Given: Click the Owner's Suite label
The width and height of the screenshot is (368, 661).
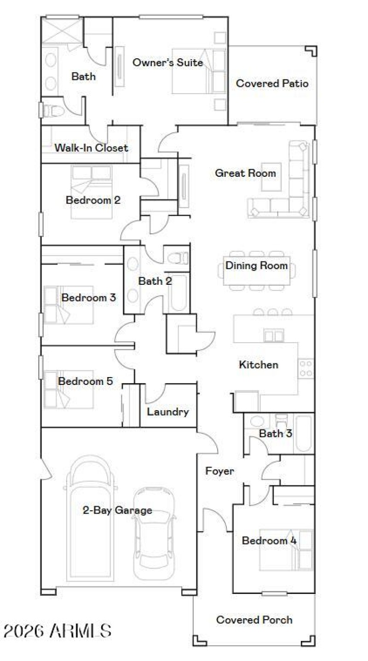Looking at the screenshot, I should pyautogui.click(x=167, y=62).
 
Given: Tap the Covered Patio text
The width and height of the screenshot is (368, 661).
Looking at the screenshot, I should pyautogui.click(x=272, y=84).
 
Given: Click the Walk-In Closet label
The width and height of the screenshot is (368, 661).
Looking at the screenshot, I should pyautogui.click(x=91, y=148).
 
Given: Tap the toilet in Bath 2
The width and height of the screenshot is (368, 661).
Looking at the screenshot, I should pyautogui.click(x=178, y=259).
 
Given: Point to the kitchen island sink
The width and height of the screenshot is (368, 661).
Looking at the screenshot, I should pyautogui.click(x=273, y=336).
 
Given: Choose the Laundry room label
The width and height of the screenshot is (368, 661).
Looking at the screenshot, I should pyautogui.click(x=167, y=412).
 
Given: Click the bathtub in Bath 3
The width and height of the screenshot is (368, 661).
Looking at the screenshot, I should pyautogui.click(x=304, y=434).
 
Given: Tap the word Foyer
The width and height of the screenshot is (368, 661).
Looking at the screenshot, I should pyautogui.click(x=219, y=471).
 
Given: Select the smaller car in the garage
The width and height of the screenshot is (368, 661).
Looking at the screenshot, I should pyautogui.click(x=155, y=533).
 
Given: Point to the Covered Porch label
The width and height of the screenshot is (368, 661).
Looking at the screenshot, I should pyautogui.click(x=254, y=620).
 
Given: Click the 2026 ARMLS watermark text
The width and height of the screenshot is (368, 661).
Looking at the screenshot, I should pyautogui.click(x=57, y=630).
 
